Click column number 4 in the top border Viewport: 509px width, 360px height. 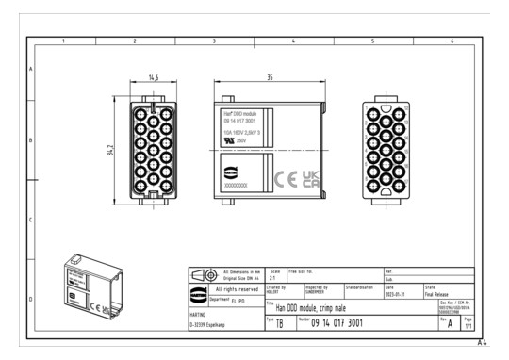293,41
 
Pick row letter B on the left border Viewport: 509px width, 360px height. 31,141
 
